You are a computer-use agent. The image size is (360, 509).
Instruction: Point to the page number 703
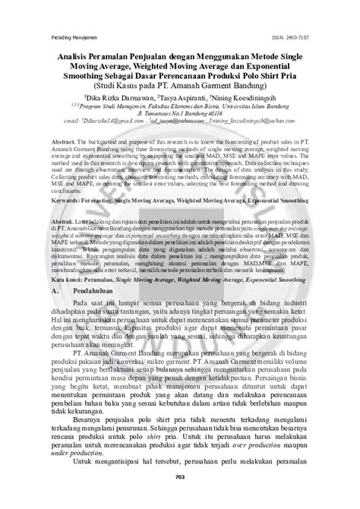pos(180,498)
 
